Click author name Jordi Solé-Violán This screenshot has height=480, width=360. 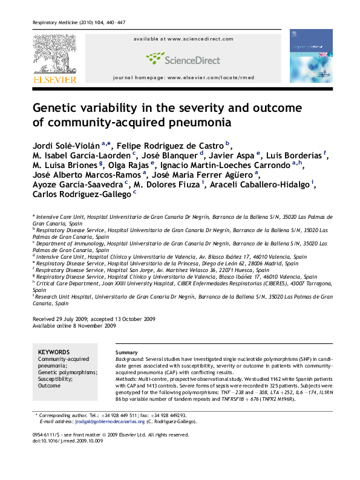(66, 146)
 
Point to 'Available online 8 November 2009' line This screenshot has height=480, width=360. (74, 325)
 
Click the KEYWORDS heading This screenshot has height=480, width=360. (53, 352)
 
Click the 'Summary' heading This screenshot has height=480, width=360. (126, 352)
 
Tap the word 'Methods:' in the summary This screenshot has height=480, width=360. (127, 372)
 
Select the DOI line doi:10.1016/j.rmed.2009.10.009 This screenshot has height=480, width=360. (68, 441)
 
